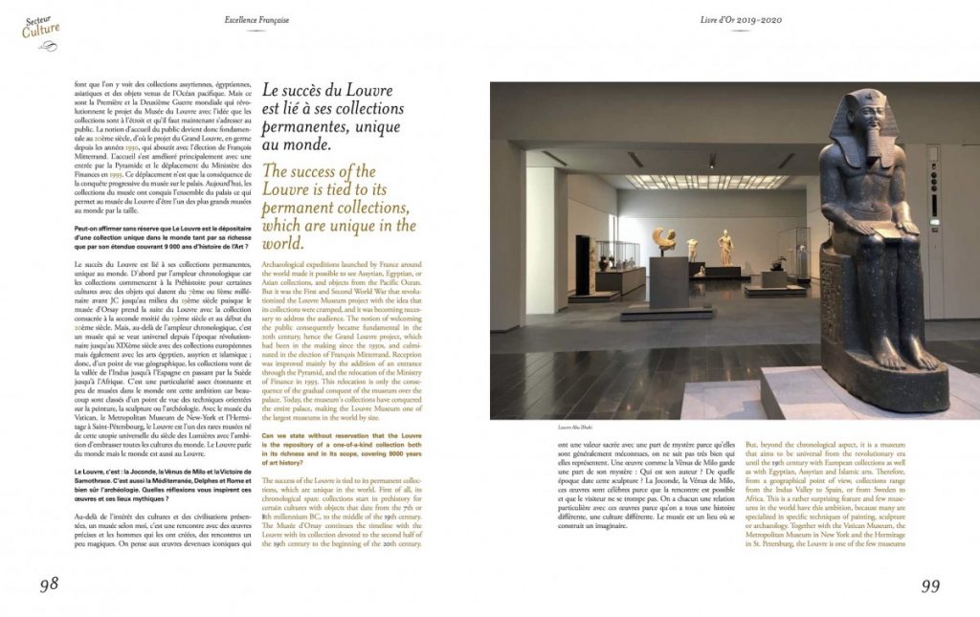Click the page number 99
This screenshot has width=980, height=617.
point(934,586)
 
